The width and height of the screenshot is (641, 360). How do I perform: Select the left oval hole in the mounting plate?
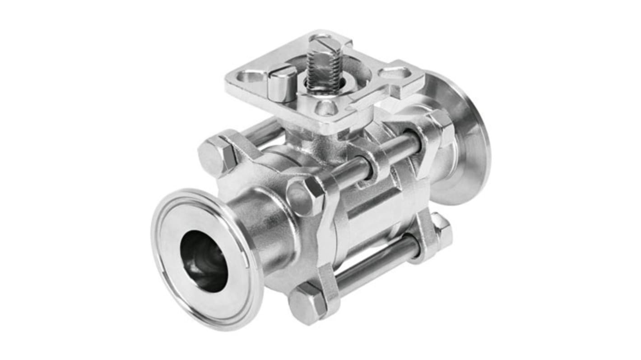(x=251, y=77)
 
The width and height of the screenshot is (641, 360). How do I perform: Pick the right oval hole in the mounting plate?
(x=395, y=72)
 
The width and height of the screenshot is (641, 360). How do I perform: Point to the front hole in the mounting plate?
(x=325, y=107)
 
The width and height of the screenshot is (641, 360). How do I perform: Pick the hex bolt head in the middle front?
(x=304, y=196)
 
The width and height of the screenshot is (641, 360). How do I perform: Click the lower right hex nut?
(x=440, y=230)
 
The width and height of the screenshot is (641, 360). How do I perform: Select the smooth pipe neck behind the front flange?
(x=264, y=226)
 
